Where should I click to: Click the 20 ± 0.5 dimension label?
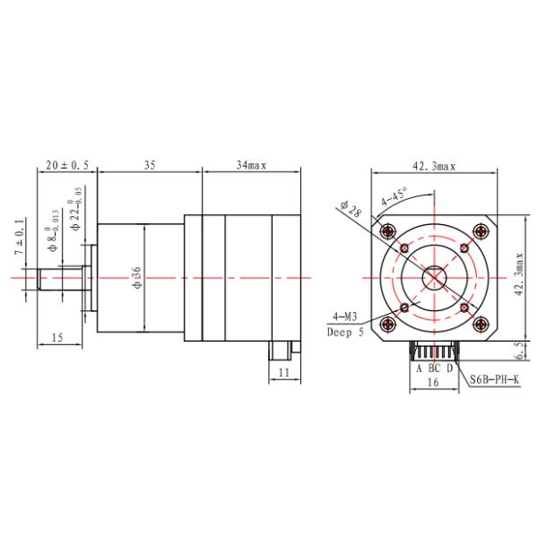[x=67, y=165]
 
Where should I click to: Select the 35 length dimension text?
[x=150, y=165]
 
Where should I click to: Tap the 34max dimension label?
[x=251, y=165]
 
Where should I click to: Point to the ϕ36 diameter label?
[x=136, y=277]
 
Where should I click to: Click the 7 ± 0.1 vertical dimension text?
[x=20, y=236]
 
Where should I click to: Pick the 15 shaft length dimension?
[x=57, y=338]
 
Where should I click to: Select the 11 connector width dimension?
[x=284, y=372]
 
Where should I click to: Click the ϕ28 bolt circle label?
[x=351, y=209]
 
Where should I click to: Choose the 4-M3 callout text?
[x=345, y=317]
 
